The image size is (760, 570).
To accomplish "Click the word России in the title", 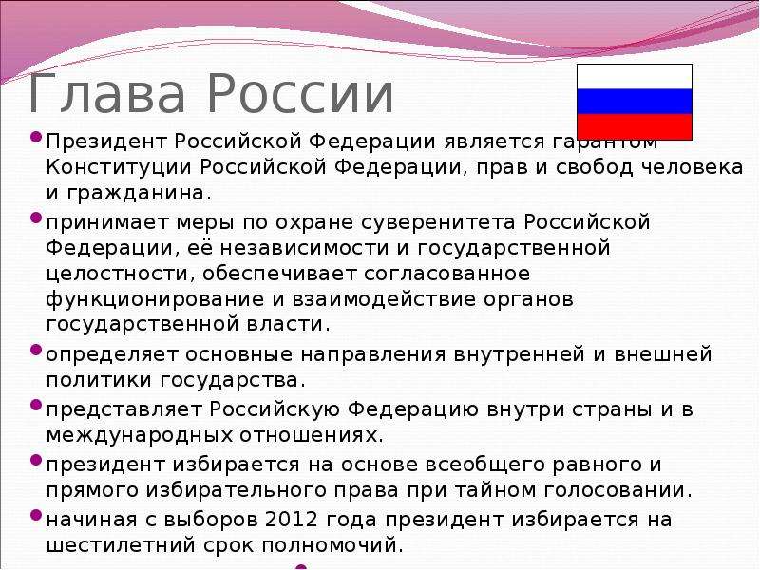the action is click(x=300, y=92).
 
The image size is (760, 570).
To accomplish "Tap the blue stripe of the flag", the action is click(x=634, y=102).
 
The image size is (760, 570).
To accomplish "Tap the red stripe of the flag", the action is click(x=634, y=127).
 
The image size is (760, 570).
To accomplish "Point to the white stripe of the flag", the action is click(x=634, y=77).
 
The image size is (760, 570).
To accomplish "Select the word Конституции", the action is click(x=119, y=168).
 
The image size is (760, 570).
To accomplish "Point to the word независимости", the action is click(x=304, y=248).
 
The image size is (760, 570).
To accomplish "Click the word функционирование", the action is click(x=155, y=299).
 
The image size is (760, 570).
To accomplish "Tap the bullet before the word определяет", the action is click(x=36, y=350).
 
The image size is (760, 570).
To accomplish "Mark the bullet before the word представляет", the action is click(x=36, y=405).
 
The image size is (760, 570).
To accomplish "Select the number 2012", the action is click(x=292, y=520).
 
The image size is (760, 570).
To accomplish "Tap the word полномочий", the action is click(x=329, y=546).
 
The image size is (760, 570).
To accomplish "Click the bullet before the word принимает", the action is click(x=36, y=218).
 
